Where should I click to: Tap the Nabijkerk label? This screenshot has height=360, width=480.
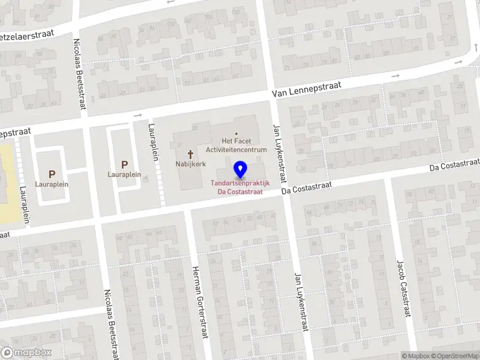click(191, 163)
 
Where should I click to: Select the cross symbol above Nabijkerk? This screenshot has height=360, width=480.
click(191, 154)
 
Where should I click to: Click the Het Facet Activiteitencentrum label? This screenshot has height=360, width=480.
click(236, 145)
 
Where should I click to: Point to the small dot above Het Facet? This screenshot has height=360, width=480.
click(236, 134)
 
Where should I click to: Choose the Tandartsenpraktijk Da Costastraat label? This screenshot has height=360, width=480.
click(240, 188)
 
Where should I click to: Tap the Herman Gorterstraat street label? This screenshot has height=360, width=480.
click(199, 302)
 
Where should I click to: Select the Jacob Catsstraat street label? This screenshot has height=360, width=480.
click(401, 289)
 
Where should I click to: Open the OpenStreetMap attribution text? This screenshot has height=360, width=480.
click(459, 356)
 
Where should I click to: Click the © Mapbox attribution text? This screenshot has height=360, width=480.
click(416, 356)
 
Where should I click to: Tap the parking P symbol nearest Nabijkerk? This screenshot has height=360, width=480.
click(125, 164)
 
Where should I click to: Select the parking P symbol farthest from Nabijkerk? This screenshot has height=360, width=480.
click(52, 174)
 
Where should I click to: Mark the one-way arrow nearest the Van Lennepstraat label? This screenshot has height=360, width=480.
click(395, 76)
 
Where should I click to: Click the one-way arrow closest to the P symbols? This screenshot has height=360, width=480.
click(138, 115)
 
